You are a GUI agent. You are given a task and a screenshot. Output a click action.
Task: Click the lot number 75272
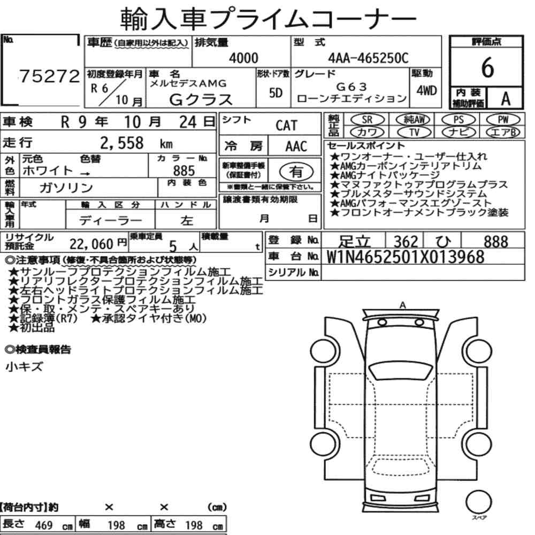(49, 76)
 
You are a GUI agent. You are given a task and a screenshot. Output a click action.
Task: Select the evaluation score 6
(487, 67)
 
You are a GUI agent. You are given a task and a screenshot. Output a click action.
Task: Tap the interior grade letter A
(506, 98)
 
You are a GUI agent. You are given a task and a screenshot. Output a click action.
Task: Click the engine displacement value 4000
(243, 58)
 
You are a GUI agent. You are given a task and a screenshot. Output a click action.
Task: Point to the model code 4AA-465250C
(368, 58)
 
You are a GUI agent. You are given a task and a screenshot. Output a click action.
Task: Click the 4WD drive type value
(426, 91)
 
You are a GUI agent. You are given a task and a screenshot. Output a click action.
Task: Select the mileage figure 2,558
(122, 143)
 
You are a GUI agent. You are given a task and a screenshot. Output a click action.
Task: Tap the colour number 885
(184, 171)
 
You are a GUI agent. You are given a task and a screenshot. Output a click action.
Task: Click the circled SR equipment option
(367, 119)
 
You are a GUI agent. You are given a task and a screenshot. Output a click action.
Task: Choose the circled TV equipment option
(414, 132)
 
